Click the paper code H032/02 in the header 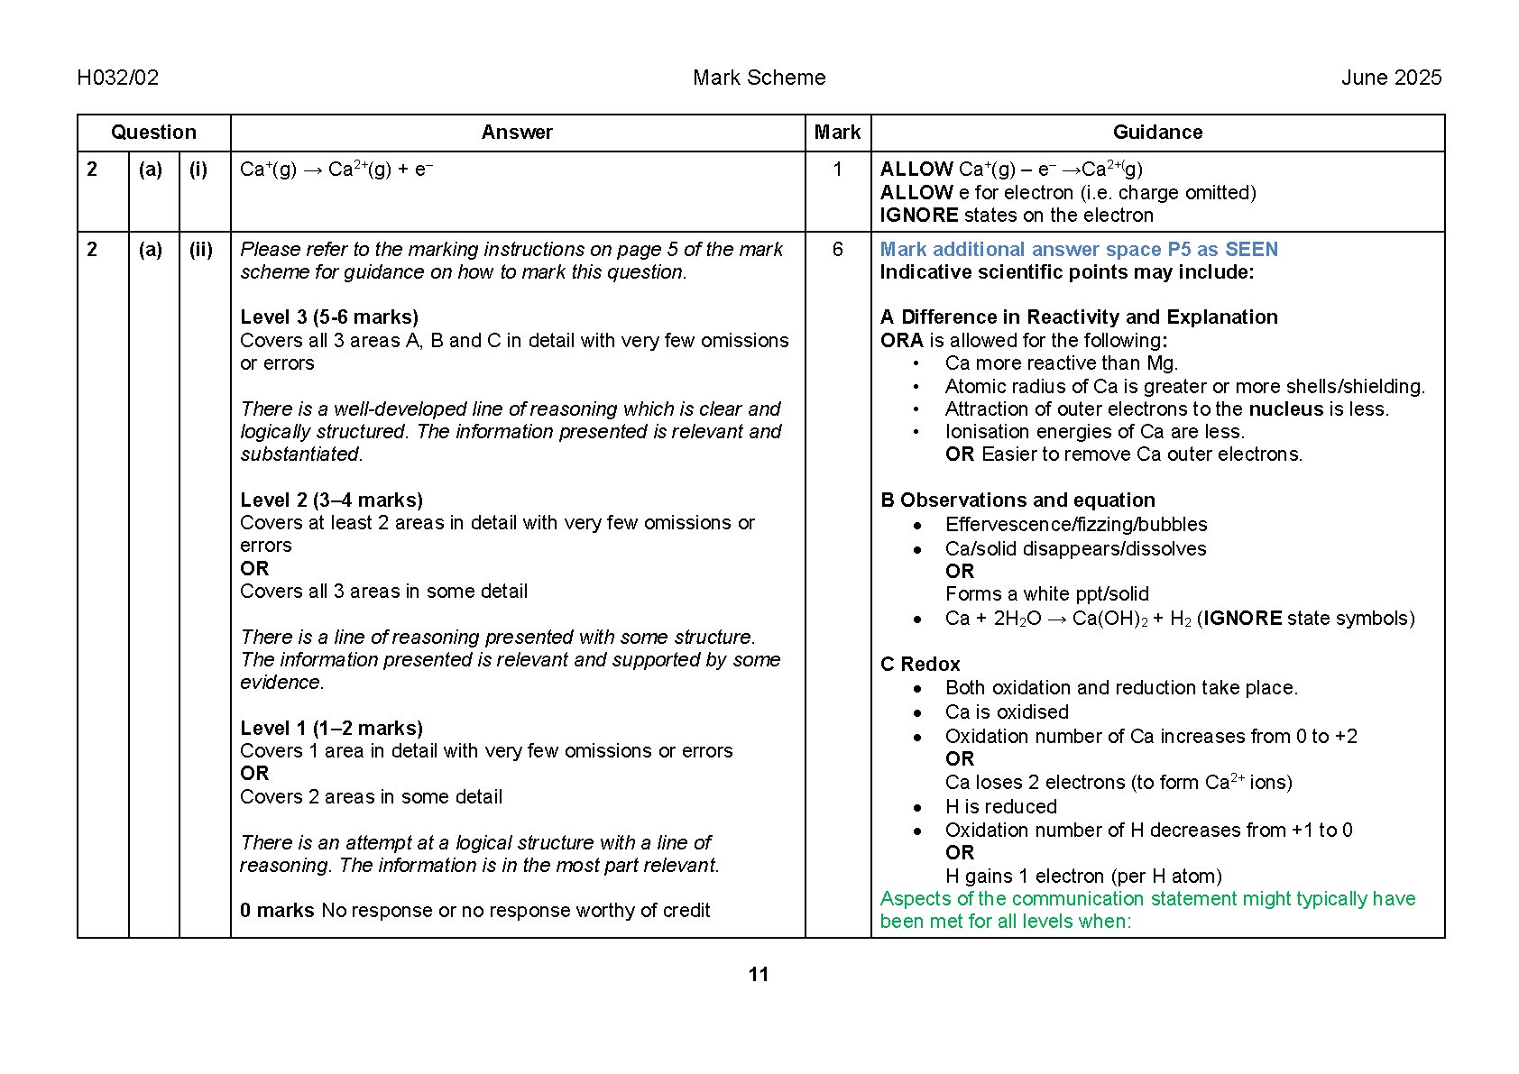[118, 78]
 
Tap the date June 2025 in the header [1391, 78]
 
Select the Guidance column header [1157, 133]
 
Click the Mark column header [837, 133]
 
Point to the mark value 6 [837, 250]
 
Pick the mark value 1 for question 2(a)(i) [837, 170]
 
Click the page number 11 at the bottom [759, 975]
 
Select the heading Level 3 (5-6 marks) [329, 317]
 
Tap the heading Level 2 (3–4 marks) [331, 500]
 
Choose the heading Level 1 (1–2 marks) [331, 729]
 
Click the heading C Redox [920, 665]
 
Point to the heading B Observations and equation [1017, 500]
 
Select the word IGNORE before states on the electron [919, 216]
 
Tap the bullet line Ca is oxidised [1007, 712]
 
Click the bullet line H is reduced [1000, 807]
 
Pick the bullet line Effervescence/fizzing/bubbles [1076, 525]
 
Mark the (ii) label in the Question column [201, 250]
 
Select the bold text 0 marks [277, 911]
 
